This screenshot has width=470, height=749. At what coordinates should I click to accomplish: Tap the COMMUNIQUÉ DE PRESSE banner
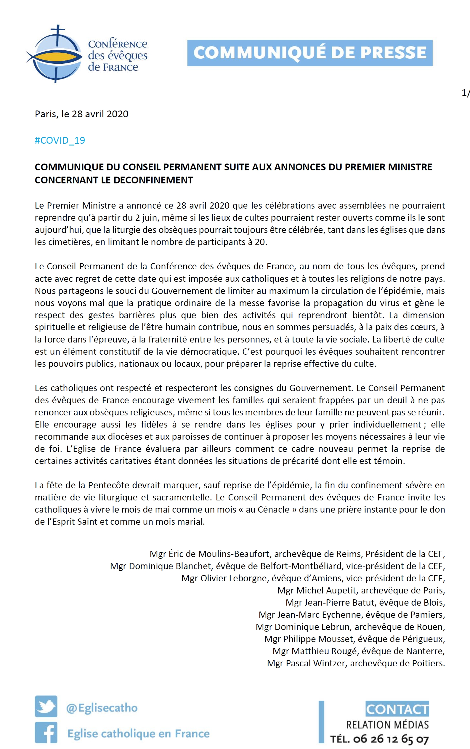(309, 53)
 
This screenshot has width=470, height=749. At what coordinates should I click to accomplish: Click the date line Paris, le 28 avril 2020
(81, 114)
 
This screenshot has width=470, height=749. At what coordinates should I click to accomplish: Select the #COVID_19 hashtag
(60, 140)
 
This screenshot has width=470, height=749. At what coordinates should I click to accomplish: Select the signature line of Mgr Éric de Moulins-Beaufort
(297, 554)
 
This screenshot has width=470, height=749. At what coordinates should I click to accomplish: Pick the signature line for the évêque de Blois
(365, 603)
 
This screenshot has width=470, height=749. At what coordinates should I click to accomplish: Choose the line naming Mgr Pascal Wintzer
(356, 663)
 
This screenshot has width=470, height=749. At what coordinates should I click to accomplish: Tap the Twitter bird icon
(46, 707)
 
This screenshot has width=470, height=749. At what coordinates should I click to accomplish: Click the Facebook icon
(46, 732)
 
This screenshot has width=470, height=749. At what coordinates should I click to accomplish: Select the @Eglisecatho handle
(102, 708)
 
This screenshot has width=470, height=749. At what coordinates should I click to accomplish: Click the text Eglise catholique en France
(138, 734)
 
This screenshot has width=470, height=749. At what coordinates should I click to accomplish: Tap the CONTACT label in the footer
(397, 709)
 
